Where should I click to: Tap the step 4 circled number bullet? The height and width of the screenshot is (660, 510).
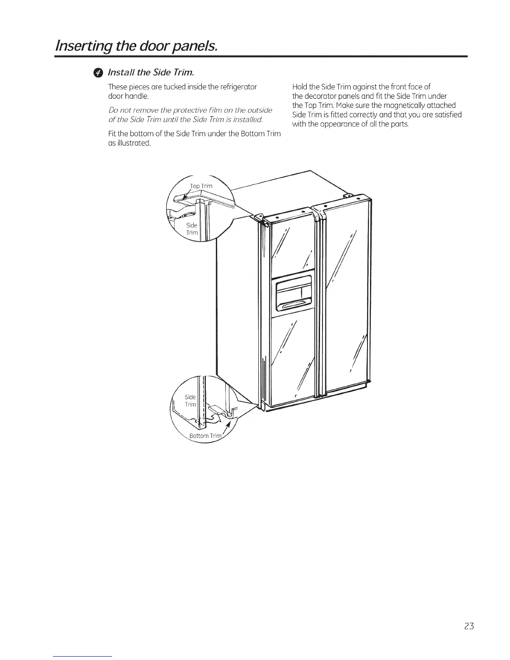pyautogui.click(x=97, y=74)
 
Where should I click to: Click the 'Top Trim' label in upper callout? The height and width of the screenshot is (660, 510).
pyautogui.click(x=201, y=186)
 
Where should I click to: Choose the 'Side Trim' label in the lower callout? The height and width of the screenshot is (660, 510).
pyautogui.click(x=190, y=400)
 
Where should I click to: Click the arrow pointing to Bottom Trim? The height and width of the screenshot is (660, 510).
pyautogui.click(x=227, y=427)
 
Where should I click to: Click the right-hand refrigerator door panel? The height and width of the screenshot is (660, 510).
pyautogui.click(x=347, y=296)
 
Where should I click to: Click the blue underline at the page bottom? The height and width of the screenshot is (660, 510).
pyautogui.click(x=83, y=656)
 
